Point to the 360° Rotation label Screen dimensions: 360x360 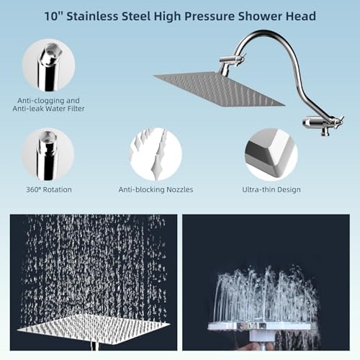[x=48, y=189]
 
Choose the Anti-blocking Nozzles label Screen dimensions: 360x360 [x=155, y=189]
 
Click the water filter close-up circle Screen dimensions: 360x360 [x=48, y=66]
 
